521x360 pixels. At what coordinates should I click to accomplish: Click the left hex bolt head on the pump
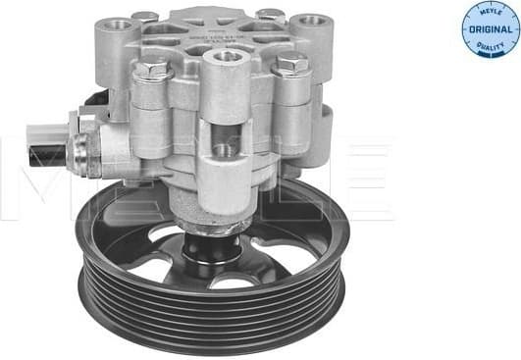[151, 70]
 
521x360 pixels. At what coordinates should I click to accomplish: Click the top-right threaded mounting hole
[313, 20]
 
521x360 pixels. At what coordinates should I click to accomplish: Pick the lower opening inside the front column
[225, 150]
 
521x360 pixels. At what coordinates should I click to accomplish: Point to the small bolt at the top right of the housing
[271, 15]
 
